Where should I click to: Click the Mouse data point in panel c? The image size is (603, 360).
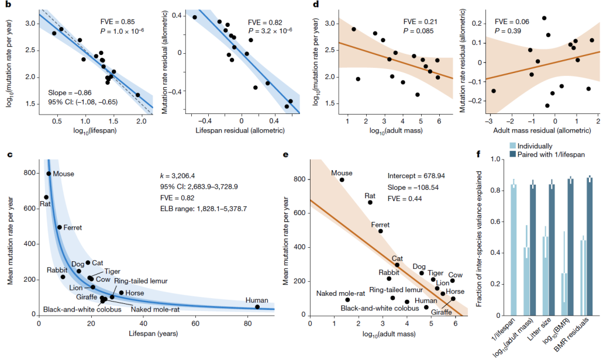coord(49,174)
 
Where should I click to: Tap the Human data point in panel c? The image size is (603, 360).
coord(257,307)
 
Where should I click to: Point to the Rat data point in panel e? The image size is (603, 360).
coord(370,202)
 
